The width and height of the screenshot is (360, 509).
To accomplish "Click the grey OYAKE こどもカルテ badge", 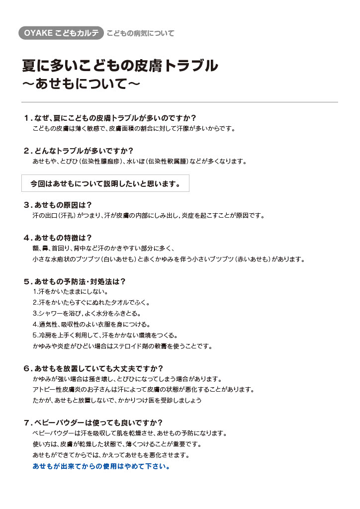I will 61,33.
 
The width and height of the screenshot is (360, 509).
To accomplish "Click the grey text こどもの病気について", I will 141,33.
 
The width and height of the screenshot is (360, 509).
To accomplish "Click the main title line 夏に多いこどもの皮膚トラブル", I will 120,65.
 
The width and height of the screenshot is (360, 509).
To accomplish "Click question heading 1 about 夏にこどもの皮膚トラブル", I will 110,118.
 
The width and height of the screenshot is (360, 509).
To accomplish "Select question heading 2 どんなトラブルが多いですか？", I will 79,150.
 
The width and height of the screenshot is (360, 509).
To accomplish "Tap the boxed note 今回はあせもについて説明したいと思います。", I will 105,183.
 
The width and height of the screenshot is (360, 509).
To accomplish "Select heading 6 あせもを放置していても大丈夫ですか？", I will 93,368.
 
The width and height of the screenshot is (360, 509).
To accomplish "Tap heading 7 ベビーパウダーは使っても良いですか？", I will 93,423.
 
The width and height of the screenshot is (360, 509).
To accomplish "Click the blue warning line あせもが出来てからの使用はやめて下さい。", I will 101,467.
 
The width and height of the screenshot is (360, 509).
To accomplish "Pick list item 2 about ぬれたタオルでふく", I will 91,303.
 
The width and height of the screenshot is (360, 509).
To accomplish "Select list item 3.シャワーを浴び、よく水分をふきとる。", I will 87,314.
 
